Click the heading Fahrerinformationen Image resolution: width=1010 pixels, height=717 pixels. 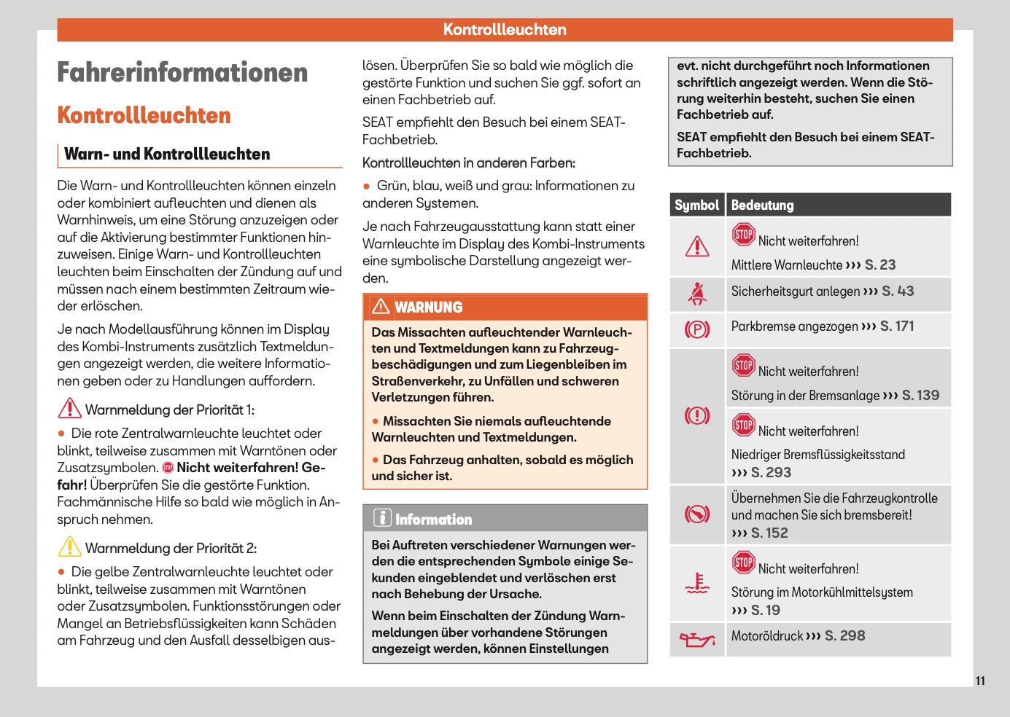(182, 73)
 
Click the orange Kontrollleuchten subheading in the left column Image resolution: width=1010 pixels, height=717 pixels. (144, 115)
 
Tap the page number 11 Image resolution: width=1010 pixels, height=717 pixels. (980, 681)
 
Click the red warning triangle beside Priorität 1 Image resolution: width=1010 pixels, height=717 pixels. (69, 408)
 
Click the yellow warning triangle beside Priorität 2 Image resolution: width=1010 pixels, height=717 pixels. (69, 546)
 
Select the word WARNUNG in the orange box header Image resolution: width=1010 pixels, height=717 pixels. (428, 307)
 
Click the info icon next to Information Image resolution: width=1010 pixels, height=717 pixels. (382, 518)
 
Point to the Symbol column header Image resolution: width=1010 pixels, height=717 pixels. (696, 205)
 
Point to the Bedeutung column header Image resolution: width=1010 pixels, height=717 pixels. (762, 205)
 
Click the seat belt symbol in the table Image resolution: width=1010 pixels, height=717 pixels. (697, 294)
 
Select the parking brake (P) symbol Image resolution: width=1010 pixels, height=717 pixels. (697, 329)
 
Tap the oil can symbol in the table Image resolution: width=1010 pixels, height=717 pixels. (697, 639)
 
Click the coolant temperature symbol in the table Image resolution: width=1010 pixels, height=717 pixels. (697, 584)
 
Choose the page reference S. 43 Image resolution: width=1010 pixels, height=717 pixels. (898, 291)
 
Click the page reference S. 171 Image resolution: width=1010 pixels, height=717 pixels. (896, 326)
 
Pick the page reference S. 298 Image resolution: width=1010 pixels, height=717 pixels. (844, 635)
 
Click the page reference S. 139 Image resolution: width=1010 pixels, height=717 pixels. (920, 395)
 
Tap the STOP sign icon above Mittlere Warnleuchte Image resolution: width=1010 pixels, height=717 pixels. (743, 235)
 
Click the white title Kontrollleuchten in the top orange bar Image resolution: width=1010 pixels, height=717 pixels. (505, 30)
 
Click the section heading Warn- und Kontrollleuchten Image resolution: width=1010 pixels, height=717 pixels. (167, 154)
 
